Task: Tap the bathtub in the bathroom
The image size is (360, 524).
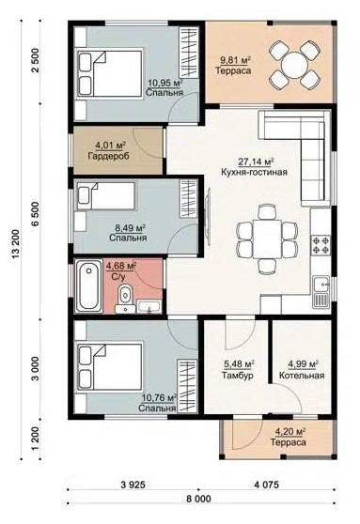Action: point(88,285)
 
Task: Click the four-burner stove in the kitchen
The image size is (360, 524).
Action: point(321,244)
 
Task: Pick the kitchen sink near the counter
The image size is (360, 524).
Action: point(321,291)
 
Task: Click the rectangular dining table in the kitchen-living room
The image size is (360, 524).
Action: point(267,239)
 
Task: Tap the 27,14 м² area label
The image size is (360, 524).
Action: point(256,162)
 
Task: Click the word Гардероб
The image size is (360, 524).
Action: point(109,156)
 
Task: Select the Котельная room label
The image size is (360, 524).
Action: point(302,376)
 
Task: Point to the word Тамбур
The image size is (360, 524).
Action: point(237,376)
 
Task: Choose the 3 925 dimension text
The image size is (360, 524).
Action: point(133,485)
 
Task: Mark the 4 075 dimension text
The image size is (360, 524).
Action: point(266,485)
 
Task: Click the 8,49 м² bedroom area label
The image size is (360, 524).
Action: point(130,228)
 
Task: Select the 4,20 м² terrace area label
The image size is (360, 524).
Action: point(290,432)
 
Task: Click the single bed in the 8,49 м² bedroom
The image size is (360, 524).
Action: point(106,196)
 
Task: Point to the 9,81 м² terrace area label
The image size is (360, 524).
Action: point(235,60)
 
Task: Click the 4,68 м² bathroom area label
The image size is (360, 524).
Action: point(120,267)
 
